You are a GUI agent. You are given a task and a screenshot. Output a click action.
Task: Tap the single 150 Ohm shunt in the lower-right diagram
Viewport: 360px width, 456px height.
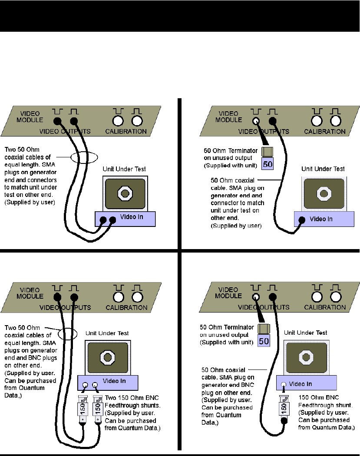[284, 408]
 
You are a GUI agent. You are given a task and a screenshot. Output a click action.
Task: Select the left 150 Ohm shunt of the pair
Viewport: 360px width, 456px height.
[83, 408]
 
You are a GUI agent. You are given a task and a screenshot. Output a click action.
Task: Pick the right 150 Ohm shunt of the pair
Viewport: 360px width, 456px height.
[98, 408]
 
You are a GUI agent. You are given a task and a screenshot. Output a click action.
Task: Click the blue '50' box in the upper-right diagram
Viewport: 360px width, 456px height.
[268, 164]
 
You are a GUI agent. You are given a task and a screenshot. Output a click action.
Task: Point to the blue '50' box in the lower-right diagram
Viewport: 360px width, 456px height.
[264, 341]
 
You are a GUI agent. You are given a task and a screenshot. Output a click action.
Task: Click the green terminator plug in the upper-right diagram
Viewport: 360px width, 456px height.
[268, 152]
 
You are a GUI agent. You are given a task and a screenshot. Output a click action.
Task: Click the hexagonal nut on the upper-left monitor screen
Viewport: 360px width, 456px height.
[125, 193]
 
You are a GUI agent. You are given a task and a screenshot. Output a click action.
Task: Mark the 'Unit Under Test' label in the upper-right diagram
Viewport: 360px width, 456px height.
[323, 169]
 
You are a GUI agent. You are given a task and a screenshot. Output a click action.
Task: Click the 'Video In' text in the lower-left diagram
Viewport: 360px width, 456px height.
[114, 381]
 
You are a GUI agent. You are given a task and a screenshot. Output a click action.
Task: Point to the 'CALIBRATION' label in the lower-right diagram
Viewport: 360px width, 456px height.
[325, 307]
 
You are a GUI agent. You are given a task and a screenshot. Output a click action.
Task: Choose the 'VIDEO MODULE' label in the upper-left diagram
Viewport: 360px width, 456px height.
[30, 116]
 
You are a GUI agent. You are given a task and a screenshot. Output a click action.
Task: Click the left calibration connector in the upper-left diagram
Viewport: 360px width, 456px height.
[118, 121]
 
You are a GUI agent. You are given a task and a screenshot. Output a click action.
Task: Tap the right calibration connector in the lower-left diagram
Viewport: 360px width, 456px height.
[137, 297]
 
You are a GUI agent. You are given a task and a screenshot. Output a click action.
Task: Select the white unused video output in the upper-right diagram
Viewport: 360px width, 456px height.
[256, 121]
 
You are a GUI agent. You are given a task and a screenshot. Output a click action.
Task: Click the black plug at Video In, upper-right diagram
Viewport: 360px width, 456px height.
[302, 220]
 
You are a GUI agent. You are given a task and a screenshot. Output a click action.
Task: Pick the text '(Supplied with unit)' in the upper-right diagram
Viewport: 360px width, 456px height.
[231, 166]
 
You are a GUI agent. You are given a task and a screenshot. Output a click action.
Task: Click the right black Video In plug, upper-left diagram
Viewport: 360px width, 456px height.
[112, 220]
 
